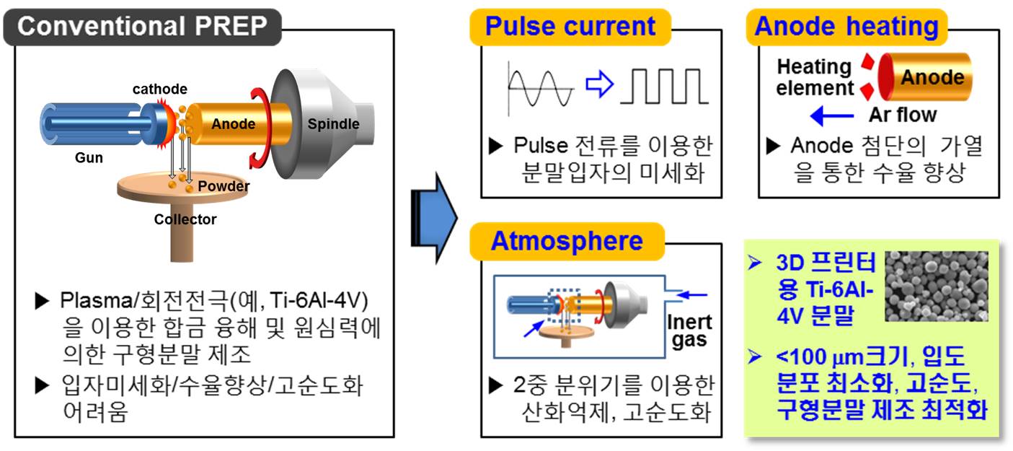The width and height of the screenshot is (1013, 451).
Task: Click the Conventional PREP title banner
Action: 142,26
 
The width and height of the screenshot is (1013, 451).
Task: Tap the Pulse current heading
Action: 570,27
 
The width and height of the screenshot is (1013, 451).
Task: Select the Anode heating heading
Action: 846,27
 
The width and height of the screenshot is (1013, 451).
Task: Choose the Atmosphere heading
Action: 566,240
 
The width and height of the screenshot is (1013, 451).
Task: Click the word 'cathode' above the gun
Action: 159,89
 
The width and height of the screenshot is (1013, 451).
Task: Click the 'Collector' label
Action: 185,219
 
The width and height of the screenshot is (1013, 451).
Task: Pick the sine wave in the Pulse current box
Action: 541,85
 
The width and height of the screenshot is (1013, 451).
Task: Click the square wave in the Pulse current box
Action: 665,85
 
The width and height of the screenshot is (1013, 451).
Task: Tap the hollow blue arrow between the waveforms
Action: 599,84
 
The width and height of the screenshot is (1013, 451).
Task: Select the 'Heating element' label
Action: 815,77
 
